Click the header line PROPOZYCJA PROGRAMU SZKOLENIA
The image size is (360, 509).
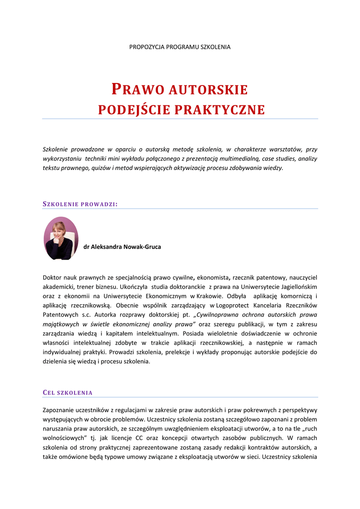point(180,47)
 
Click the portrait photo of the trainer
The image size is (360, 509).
point(61,238)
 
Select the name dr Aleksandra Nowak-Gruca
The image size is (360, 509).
point(122,247)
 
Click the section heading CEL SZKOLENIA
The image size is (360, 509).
point(68,393)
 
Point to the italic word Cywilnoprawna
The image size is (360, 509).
point(220,315)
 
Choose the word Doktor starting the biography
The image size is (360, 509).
point(53,277)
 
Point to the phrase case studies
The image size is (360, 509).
point(280,159)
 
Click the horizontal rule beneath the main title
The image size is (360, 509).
point(180,119)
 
